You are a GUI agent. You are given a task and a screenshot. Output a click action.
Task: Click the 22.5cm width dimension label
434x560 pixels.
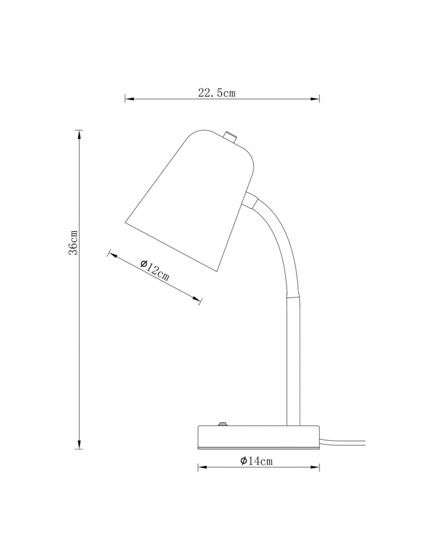(216, 93)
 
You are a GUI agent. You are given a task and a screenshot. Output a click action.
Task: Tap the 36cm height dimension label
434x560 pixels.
(73, 242)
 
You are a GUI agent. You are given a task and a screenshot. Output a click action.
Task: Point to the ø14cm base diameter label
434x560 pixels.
(256, 461)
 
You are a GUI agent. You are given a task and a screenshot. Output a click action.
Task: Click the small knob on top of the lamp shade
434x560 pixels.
(229, 136)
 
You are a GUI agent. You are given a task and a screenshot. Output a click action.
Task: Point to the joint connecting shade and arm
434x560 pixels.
(251, 200)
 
